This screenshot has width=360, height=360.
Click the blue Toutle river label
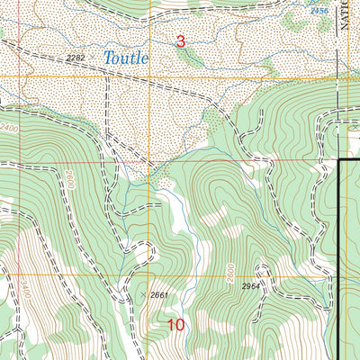pos(125,58)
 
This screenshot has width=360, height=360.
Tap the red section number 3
pos(180,40)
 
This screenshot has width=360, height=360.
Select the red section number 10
pos(176,325)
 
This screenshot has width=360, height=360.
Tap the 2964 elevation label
pos(256,286)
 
